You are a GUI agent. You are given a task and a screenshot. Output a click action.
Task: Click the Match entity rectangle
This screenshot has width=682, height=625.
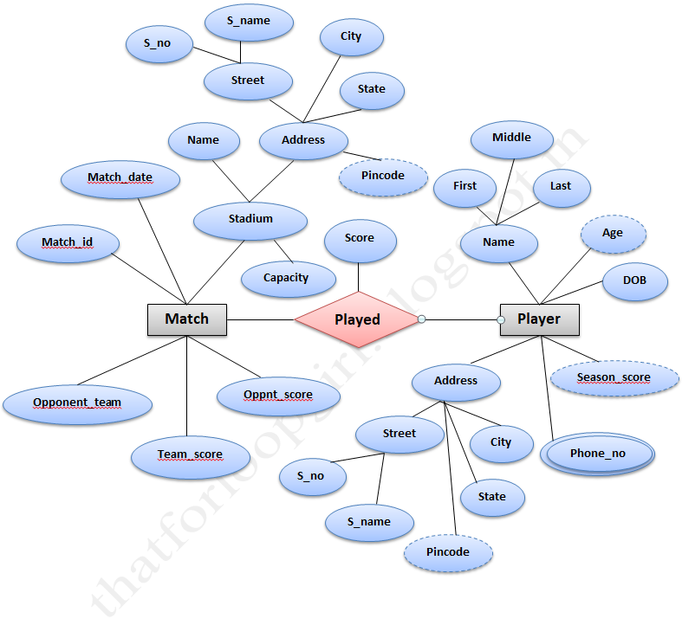click(187, 319)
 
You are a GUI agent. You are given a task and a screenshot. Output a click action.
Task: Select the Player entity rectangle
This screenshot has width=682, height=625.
click(539, 319)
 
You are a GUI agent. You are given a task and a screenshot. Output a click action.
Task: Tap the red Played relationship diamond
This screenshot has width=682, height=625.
click(357, 319)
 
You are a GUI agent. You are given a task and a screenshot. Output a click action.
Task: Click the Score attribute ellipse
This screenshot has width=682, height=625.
click(359, 239)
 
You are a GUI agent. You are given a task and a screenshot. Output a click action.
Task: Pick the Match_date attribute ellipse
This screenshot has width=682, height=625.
click(120, 179)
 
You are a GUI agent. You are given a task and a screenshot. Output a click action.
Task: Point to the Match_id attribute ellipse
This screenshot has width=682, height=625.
click(68, 243)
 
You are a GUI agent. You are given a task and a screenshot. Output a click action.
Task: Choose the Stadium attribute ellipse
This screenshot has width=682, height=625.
click(250, 220)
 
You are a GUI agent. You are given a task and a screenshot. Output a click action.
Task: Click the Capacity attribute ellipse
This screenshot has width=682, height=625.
click(286, 279)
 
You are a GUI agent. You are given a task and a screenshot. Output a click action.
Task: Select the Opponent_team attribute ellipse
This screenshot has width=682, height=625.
click(77, 403)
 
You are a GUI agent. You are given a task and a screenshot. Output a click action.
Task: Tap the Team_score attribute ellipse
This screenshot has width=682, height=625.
click(190, 455)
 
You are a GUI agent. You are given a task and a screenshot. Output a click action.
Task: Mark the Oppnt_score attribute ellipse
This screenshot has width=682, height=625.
click(277, 396)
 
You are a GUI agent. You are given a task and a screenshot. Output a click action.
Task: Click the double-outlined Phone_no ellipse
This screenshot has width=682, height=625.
click(597, 454)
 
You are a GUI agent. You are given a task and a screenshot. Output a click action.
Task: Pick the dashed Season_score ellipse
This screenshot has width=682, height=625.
click(614, 378)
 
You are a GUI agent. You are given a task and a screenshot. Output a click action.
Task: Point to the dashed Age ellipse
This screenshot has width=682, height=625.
click(612, 234)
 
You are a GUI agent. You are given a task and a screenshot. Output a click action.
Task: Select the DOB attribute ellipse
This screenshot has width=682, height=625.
click(634, 281)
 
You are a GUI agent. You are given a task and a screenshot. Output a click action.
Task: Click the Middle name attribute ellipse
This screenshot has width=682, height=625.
click(511, 139)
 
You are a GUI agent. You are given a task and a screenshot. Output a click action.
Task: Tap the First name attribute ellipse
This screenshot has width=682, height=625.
click(464, 187)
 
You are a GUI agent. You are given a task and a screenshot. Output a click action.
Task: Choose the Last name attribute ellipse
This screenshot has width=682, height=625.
click(560, 187)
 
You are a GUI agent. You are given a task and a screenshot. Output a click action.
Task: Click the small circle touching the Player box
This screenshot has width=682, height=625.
click(501, 320)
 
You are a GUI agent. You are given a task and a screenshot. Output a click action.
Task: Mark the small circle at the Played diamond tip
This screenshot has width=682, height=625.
click(421, 320)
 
